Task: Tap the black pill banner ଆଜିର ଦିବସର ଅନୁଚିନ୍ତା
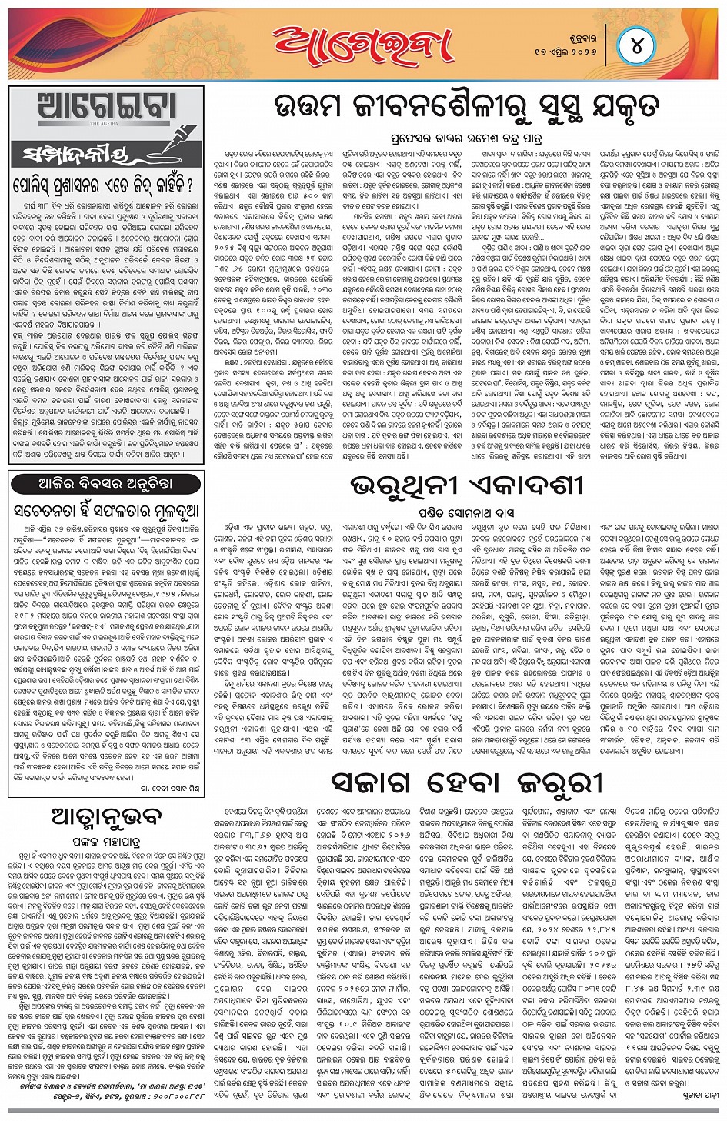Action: (x=105, y=484)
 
